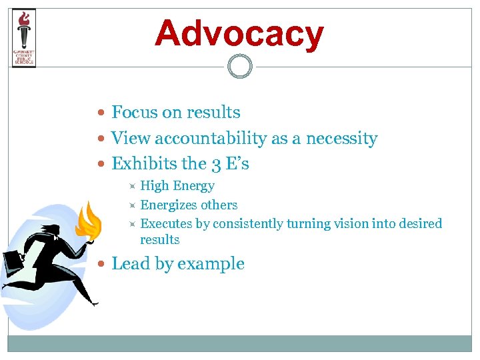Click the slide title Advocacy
pyautogui.click(x=239, y=33)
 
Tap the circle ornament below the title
pyautogui.click(x=239, y=67)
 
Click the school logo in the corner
pyautogui.click(x=24, y=38)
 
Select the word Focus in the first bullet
pyautogui.click(x=133, y=112)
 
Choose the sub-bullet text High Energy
pyautogui.click(x=177, y=186)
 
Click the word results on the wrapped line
pyautogui.click(x=160, y=239)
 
